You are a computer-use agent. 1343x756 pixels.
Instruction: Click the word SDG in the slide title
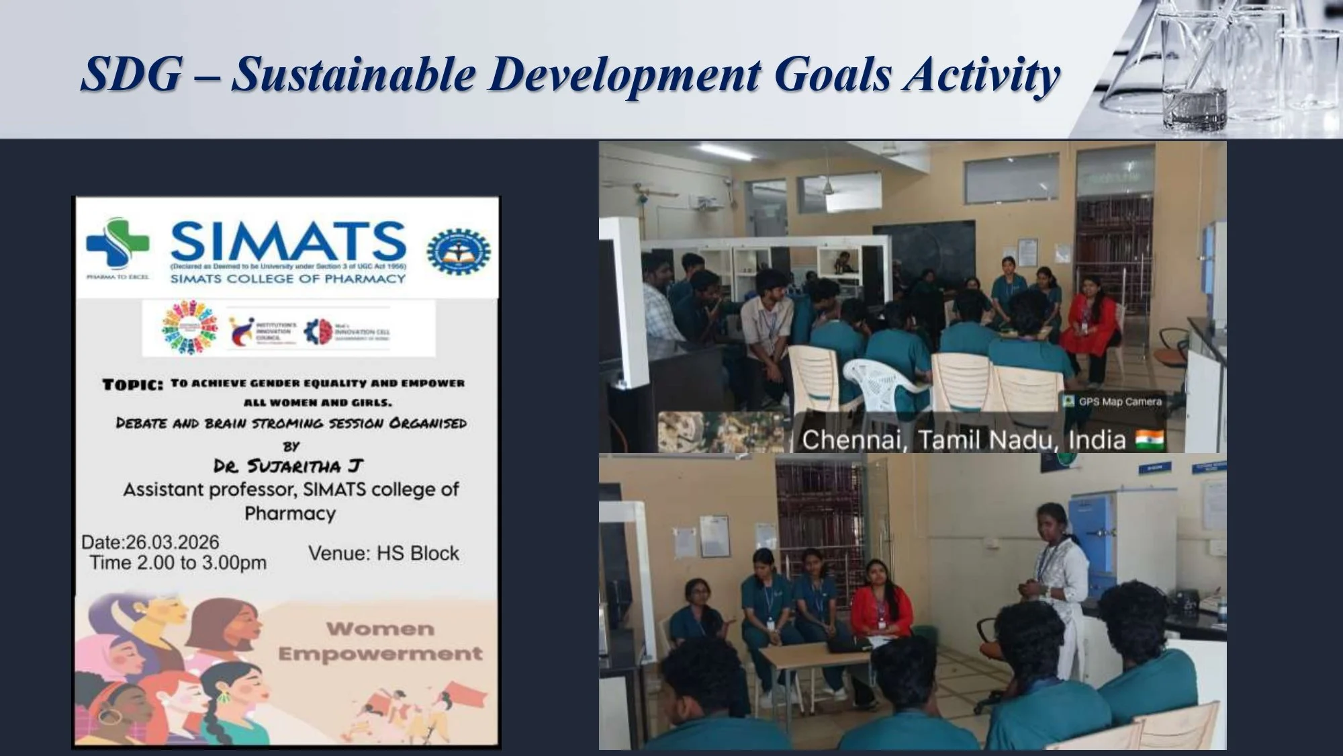[132, 74]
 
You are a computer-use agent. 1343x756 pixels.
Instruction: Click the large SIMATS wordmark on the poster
[289, 242]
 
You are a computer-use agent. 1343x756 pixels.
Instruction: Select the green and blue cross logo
[118, 243]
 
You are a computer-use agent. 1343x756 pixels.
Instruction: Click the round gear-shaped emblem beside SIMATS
[459, 251]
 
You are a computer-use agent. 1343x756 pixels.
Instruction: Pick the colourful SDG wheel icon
[190, 327]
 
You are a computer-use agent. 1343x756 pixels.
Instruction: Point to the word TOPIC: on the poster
[132, 385]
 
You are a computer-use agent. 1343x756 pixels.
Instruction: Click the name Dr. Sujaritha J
[288, 466]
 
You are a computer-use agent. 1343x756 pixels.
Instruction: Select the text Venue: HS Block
[383, 554]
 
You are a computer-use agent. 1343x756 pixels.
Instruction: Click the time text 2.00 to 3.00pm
[201, 563]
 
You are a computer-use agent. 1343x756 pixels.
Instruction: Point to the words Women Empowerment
[380, 641]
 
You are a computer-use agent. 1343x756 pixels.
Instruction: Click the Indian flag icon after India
[1149, 440]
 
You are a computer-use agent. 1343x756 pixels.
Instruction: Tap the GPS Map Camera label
[1119, 402]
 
